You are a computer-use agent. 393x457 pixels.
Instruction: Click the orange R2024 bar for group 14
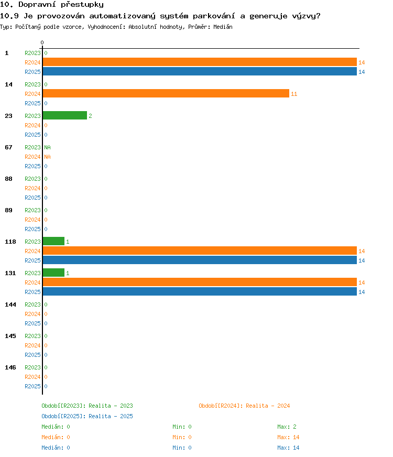166,93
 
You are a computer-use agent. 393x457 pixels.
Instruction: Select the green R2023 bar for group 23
65,115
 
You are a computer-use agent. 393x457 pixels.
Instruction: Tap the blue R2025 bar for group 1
200,71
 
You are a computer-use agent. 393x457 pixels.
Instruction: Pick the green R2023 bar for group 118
53,241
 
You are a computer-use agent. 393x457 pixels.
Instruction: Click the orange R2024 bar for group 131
200,282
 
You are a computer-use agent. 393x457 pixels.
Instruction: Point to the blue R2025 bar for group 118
200,260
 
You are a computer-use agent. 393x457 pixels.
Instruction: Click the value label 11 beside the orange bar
294,94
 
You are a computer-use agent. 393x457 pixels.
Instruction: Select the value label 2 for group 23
90,116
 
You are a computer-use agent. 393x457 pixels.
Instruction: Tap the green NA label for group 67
47,147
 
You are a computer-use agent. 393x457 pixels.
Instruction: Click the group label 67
8,147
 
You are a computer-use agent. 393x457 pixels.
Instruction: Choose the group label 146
10,367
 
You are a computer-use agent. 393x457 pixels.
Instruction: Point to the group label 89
8,210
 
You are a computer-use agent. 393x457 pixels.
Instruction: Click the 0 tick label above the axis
42,42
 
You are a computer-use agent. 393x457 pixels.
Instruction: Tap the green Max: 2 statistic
287,427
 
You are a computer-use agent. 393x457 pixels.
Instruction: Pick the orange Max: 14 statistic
288,437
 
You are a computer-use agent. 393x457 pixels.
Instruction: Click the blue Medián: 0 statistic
56,448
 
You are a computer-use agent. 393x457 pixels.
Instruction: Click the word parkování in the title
214,16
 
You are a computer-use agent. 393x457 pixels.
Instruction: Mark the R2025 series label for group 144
32,323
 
